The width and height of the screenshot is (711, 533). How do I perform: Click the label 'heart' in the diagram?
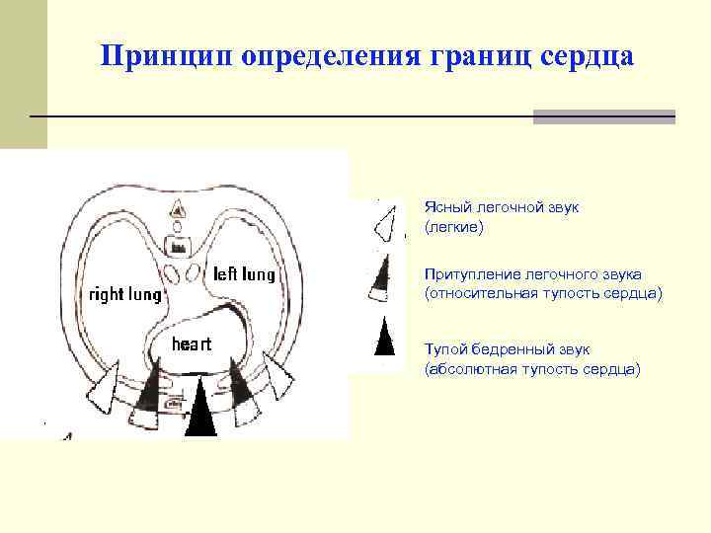(x=194, y=343)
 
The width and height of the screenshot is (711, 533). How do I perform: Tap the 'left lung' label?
(x=244, y=273)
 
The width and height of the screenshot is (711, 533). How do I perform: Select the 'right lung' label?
(x=126, y=294)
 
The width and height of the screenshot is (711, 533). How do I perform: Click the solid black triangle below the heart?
(x=200, y=409)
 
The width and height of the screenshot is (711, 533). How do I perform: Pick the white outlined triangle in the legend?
(x=388, y=224)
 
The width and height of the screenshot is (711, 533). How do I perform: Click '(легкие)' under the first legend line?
(x=454, y=228)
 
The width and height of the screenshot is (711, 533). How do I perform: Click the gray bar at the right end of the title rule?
(x=603, y=116)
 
